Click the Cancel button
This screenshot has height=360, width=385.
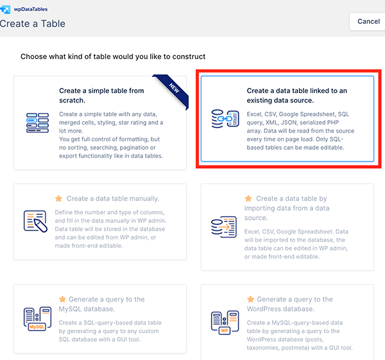click(x=368, y=21)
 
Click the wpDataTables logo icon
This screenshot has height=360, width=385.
click(x=6, y=8)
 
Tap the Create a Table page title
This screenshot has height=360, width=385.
click(x=33, y=24)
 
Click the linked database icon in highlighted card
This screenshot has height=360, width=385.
click(x=224, y=120)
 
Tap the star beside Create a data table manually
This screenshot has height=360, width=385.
click(x=59, y=199)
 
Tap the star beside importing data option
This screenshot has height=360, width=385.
click(x=248, y=199)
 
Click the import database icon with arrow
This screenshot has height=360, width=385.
click(x=224, y=227)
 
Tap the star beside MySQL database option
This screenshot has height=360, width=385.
click(x=62, y=299)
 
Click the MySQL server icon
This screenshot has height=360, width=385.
click(x=37, y=320)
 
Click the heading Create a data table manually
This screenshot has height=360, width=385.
click(x=113, y=199)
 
